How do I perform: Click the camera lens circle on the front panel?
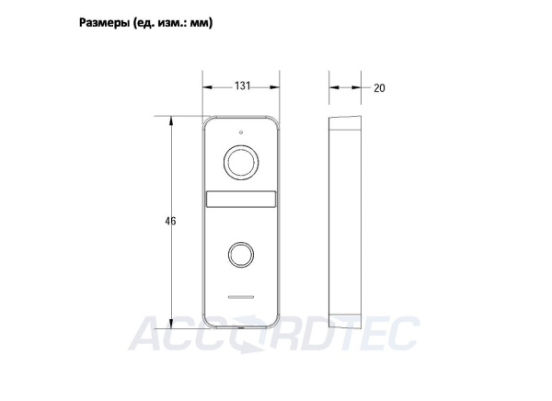pyautogui.click(x=242, y=164)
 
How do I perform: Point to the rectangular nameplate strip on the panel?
pyautogui.click(x=242, y=200)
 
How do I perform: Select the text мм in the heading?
pyautogui.click(x=199, y=21)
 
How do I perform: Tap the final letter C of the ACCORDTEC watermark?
pyautogui.click(x=405, y=332)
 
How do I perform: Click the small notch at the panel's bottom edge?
pyautogui.click(x=242, y=328)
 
